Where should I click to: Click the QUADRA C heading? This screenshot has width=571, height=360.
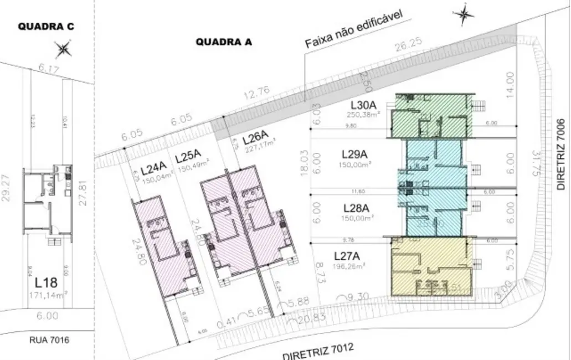click(46, 27)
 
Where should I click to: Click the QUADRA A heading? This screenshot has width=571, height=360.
click(224, 41)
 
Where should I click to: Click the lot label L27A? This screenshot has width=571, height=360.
click(347, 256)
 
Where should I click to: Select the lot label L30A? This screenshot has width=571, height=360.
click(363, 105)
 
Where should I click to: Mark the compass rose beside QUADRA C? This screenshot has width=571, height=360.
click(64, 49)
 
